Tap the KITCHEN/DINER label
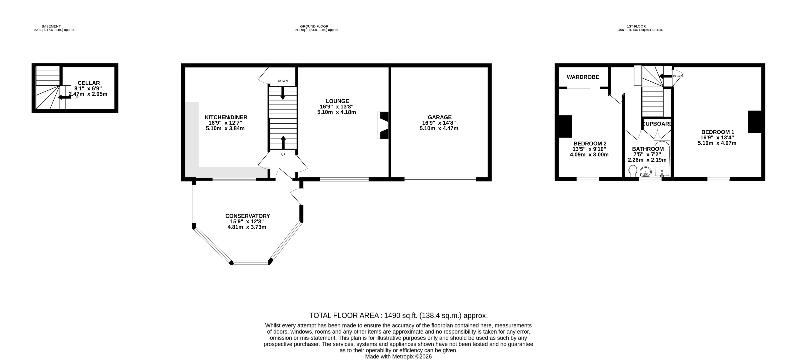click(226, 117)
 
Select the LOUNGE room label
click(337, 101)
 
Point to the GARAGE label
click(440, 117)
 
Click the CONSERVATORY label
click(247, 216)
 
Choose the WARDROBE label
click(583, 77)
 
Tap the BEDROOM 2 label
click(590, 144)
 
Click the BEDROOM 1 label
click(717, 132)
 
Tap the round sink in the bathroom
click(646, 171)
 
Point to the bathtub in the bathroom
click(662, 159)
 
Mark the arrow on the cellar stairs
click(64, 98)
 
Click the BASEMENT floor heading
click(51, 26)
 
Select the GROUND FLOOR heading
click(314, 26)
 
